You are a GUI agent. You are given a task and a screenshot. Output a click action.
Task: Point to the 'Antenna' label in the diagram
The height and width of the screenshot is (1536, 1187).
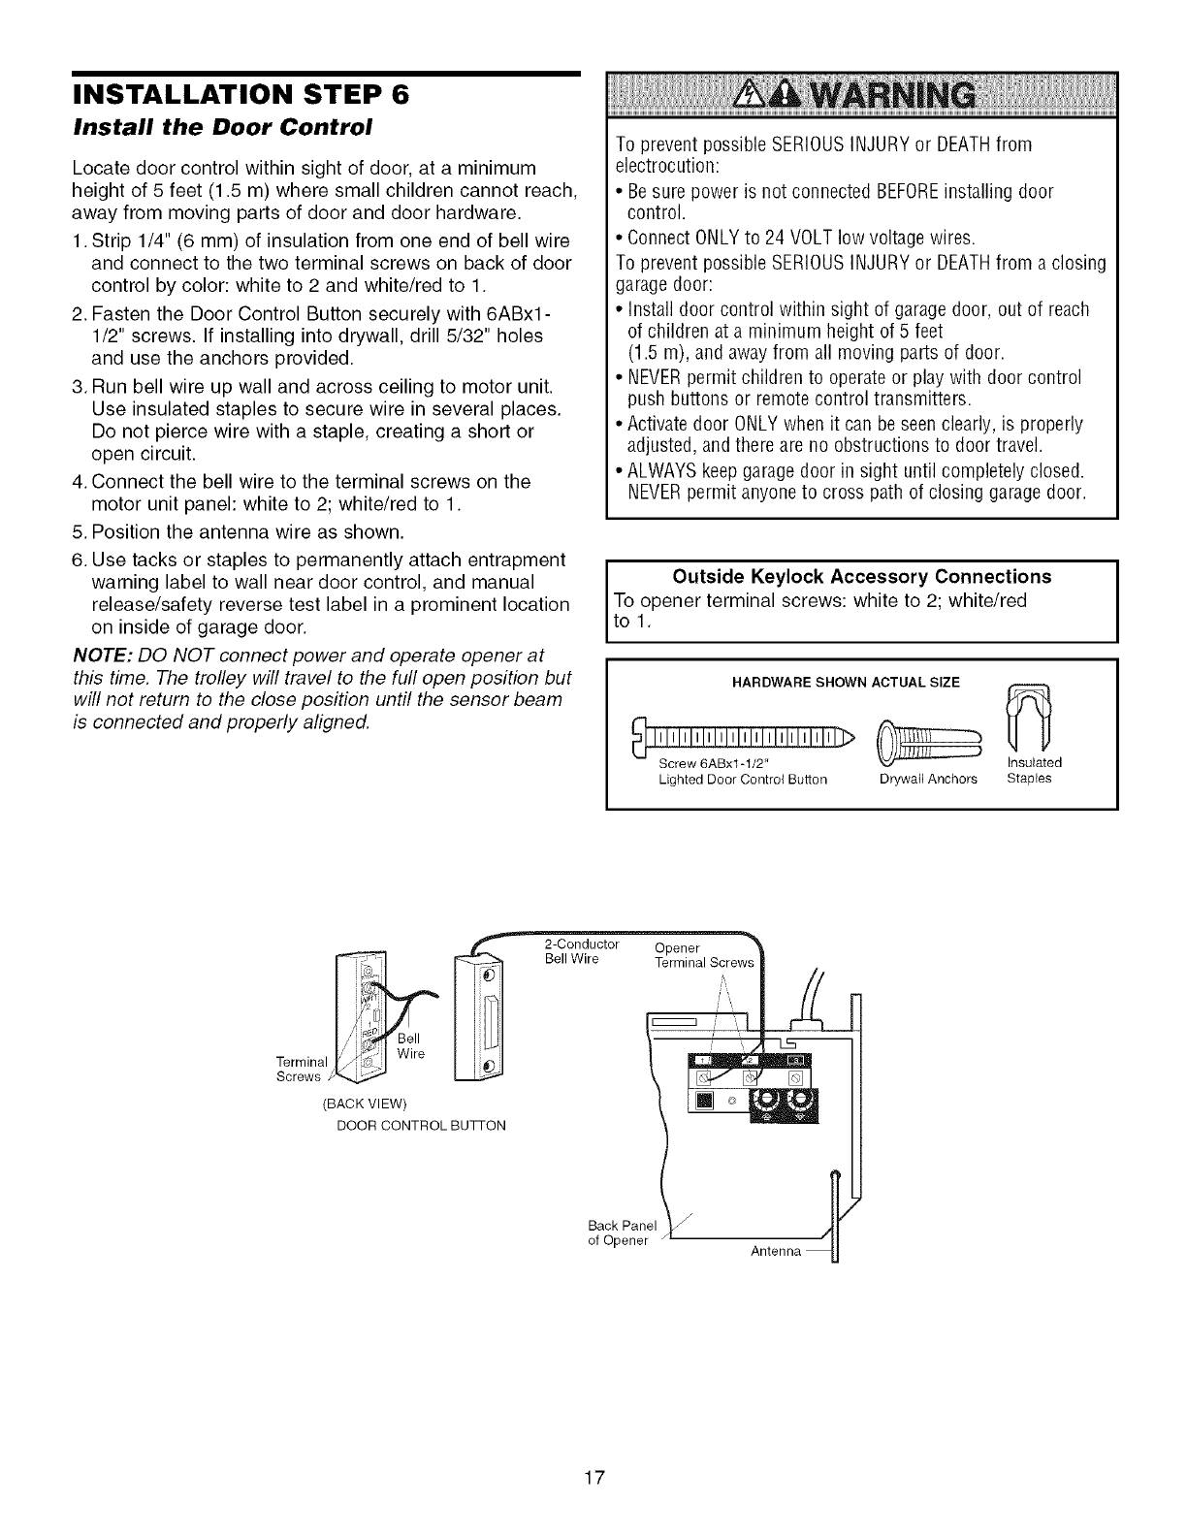(776, 1252)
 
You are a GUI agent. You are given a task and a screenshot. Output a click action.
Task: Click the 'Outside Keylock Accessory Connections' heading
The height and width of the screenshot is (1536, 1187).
(862, 577)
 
